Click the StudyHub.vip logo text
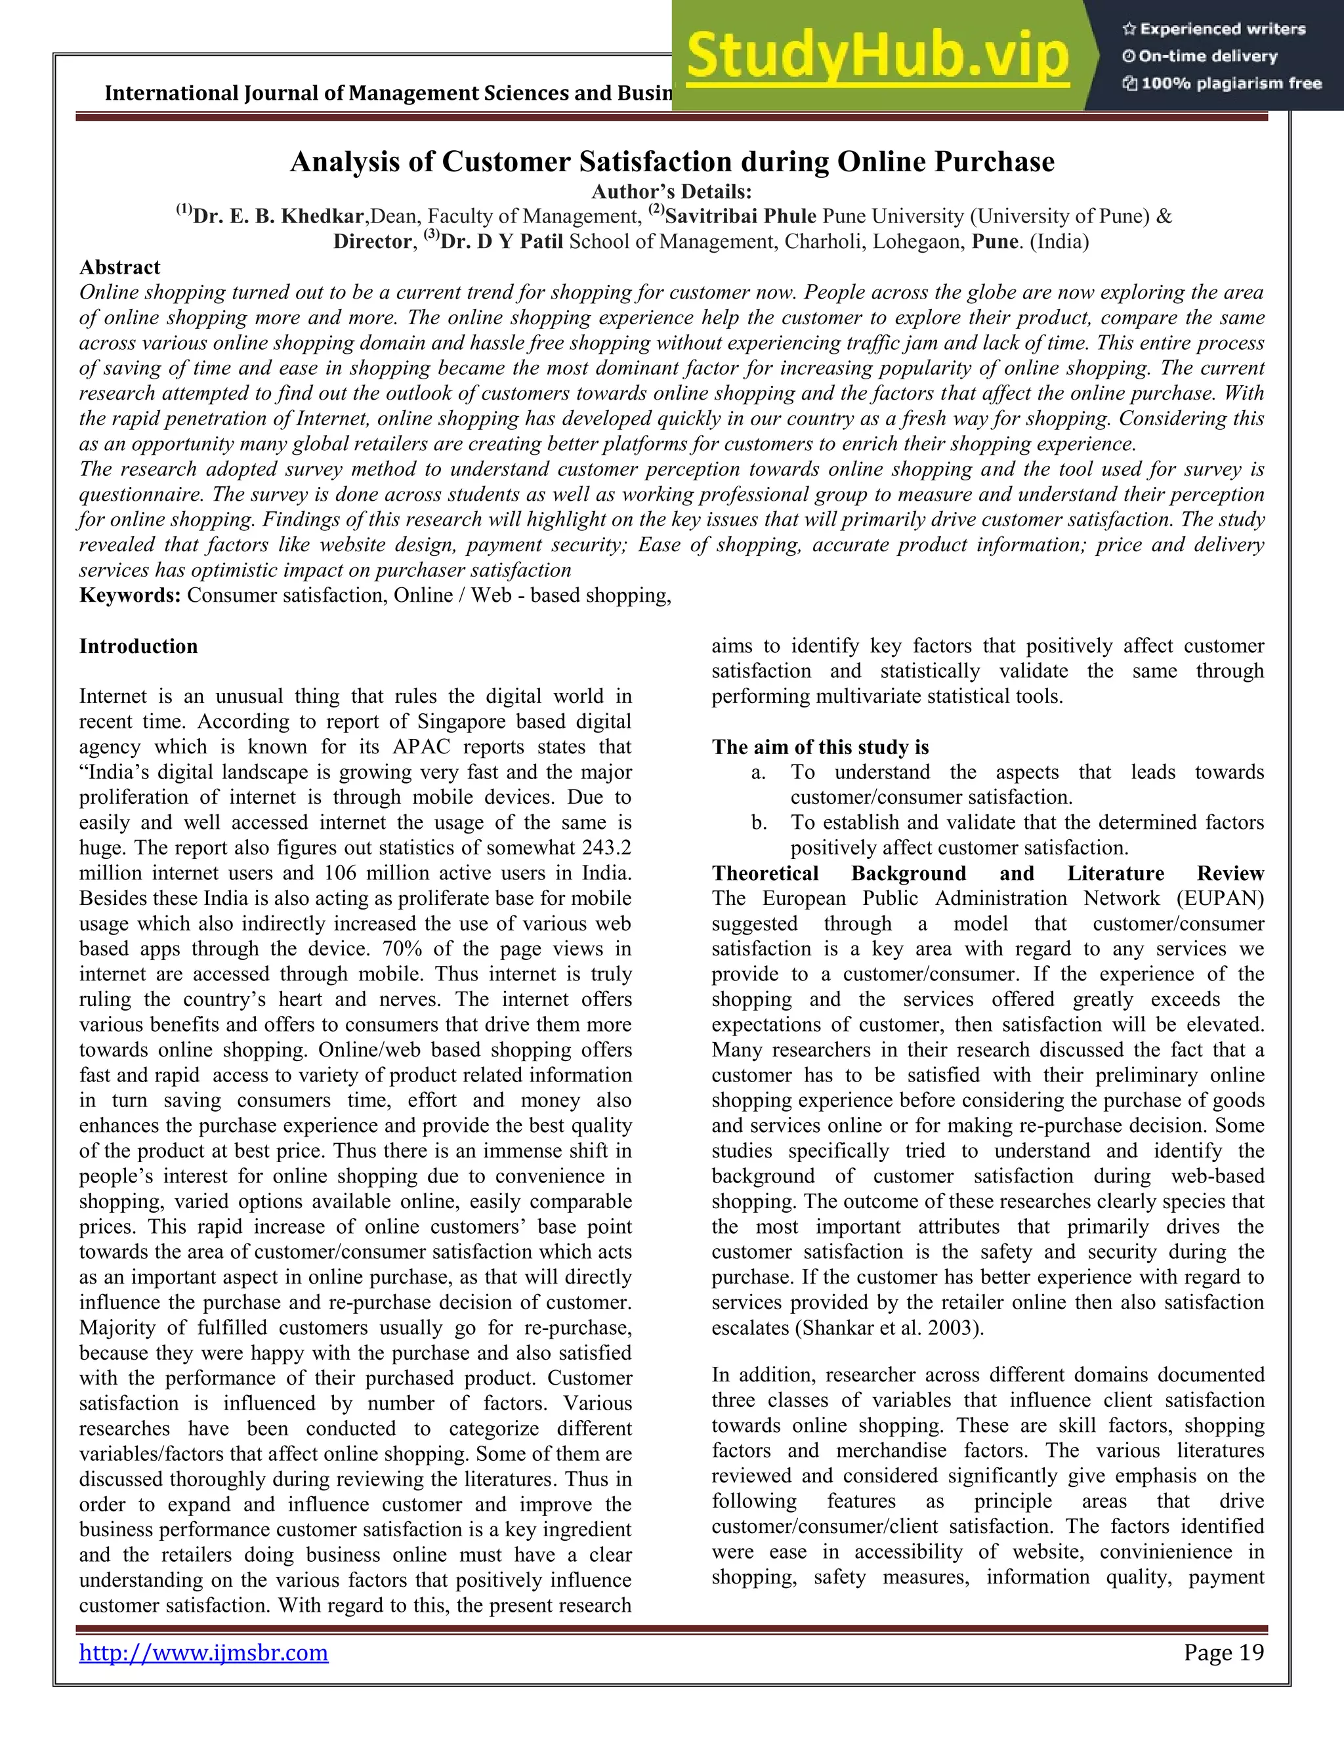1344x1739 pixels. [x=877, y=56]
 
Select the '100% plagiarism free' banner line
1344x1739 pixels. [x=1221, y=83]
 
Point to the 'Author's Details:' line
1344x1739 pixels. [x=671, y=192]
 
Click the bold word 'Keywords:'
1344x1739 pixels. [x=130, y=596]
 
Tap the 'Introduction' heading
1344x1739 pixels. [x=138, y=646]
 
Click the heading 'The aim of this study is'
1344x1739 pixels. [x=820, y=747]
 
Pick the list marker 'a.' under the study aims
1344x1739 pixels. [x=759, y=772]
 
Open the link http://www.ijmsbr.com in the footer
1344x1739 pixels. [x=204, y=1653]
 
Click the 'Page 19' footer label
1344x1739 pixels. [x=1223, y=1653]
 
